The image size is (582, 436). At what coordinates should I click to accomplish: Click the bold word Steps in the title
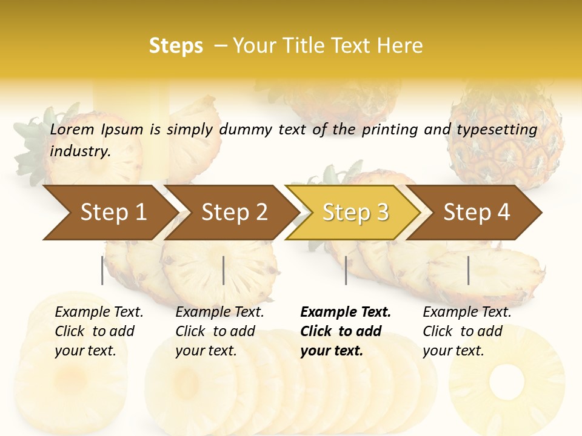(176, 46)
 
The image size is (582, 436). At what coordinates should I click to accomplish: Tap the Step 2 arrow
(233, 212)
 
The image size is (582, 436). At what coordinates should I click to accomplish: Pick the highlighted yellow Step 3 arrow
(354, 212)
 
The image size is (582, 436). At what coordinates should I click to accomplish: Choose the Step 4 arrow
(477, 212)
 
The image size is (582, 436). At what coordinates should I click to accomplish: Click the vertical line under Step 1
(102, 270)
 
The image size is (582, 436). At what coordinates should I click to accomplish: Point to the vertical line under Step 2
(224, 270)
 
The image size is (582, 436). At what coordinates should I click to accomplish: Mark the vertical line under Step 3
(346, 270)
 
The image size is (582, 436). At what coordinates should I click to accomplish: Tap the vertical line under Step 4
(468, 270)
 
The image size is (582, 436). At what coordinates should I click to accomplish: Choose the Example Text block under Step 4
(467, 331)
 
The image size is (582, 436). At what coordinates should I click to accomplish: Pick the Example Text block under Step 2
(219, 331)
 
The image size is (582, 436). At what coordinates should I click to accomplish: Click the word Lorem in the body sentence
(72, 130)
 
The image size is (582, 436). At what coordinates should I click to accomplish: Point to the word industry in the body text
(79, 151)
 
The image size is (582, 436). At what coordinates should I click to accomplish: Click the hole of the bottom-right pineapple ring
(506, 378)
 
